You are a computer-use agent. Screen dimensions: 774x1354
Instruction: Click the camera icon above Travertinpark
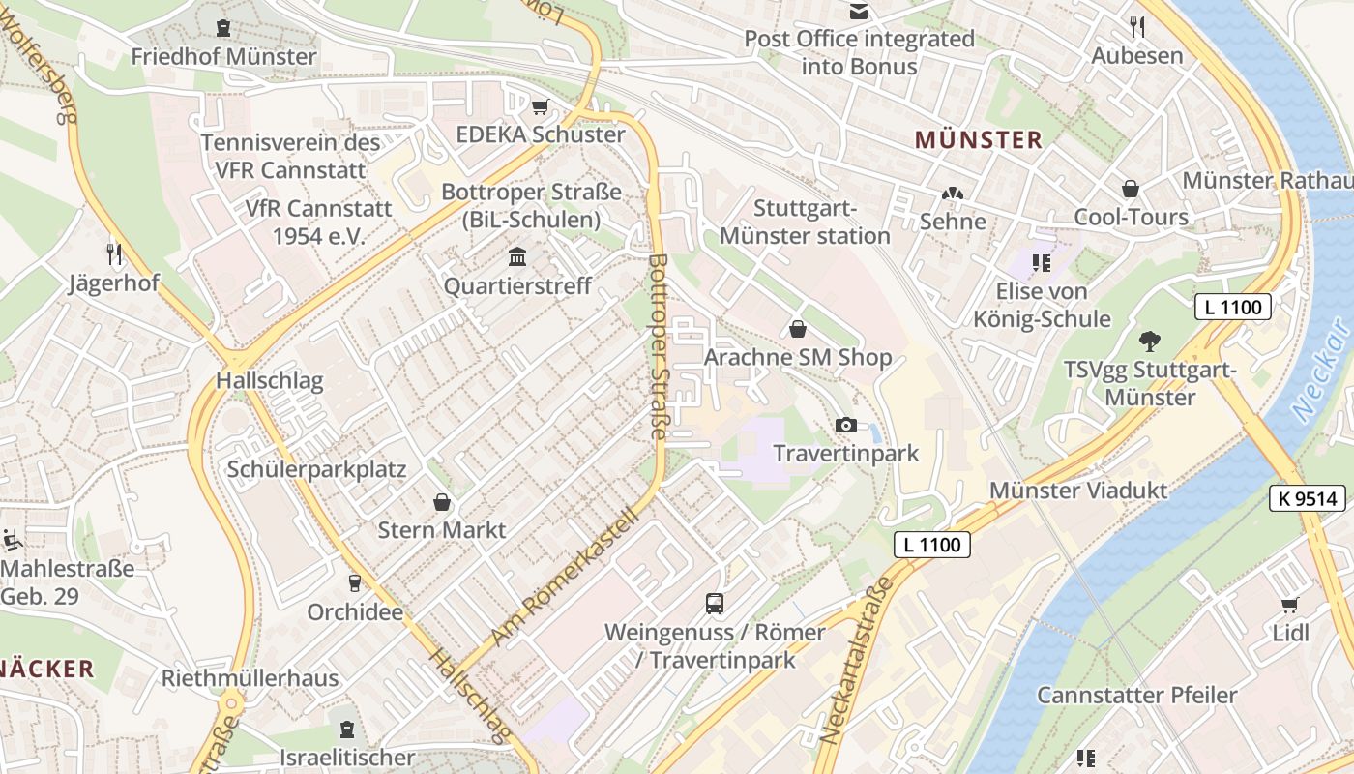click(845, 425)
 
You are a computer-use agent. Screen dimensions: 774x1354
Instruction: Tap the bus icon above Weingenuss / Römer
click(715, 604)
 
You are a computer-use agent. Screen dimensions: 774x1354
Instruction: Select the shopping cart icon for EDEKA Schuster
click(541, 106)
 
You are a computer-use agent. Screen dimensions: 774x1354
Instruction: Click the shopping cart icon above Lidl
click(1289, 606)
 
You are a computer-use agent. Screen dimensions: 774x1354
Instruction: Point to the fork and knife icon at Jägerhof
click(115, 254)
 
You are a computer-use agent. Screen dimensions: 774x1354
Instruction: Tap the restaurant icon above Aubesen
click(1137, 27)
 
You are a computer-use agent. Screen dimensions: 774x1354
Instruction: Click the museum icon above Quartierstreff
click(517, 257)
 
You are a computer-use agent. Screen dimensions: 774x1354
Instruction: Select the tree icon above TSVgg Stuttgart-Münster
click(1149, 341)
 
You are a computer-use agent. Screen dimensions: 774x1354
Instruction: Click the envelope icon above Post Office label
click(858, 12)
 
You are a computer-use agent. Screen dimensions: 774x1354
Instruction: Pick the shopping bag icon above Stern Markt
click(442, 502)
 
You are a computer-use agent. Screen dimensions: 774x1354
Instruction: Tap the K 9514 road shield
click(1308, 499)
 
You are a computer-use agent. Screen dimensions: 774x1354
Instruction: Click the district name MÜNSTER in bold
click(979, 140)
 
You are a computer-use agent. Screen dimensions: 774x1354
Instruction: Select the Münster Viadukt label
click(1078, 491)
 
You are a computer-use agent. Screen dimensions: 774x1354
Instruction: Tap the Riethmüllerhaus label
click(250, 677)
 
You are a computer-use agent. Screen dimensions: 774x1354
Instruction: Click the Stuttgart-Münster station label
click(805, 223)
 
